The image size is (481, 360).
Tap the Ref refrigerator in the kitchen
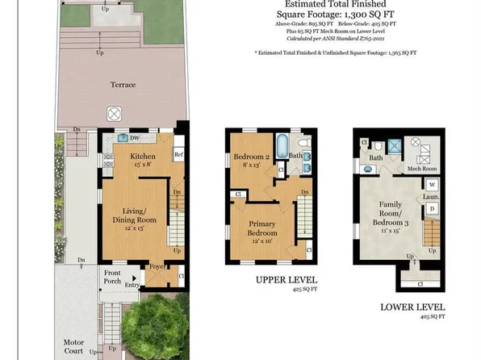click(179, 154)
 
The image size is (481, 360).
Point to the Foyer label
click(158, 266)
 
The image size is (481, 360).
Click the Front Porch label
click(112, 278)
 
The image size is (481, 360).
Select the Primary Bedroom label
click(263, 229)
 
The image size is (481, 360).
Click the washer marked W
click(432, 185)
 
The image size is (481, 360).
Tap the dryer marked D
click(432, 209)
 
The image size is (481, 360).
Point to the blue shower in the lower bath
click(395, 147)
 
